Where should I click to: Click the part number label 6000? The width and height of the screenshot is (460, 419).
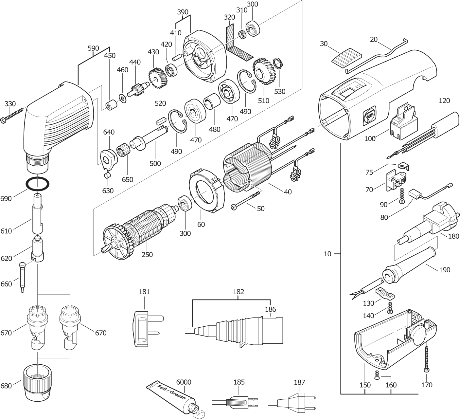click(x=184, y=382)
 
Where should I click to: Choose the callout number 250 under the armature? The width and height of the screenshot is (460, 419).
click(x=147, y=254)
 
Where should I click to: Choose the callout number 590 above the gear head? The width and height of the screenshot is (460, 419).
click(x=93, y=48)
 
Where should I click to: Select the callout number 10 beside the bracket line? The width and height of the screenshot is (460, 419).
click(x=327, y=254)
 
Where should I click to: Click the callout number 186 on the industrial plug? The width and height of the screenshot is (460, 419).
click(x=271, y=309)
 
